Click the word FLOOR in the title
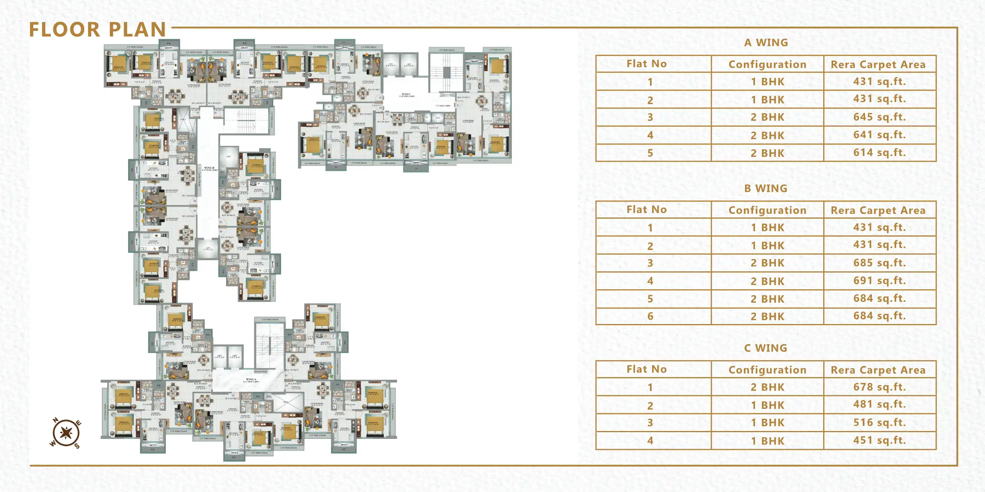pyautogui.click(x=64, y=30)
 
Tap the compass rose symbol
pyautogui.click(x=66, y=433)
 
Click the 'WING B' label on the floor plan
pyautogui.click(x=209, y=168)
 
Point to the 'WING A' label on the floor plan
pyautogui.click(x=251, y=379)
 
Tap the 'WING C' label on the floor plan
pyautogui.click(x=406, y=95)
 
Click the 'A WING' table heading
pyautogui.click(x=766, y=43)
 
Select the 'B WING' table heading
pyautogui.click(x=766, y=189)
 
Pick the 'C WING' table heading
pyautogui.click(x=766, y=348)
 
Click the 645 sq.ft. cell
pyautogui.click(x=880, y=117)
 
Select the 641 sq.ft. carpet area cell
pyautogui.click(x=880, y=135)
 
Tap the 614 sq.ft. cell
pyautogui.click(x=880, y=153)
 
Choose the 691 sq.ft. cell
pyautogui.click(x=880, y=281)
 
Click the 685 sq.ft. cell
pyautogui.click(x=880, y=263)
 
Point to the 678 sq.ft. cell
pyautogui.click(x=880, y=387)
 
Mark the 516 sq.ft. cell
pyautogui.click(x=880, y=423)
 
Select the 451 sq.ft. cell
pyautogui.click(x=880, y=441)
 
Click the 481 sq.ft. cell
pyautogui.click(x=880, y=404)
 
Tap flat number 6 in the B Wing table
pyautogui.click(x=650, y=317)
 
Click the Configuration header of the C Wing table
pyautogui.click(x=767, y=370)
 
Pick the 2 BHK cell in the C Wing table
pyautogui.click(x=767, y=387)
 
